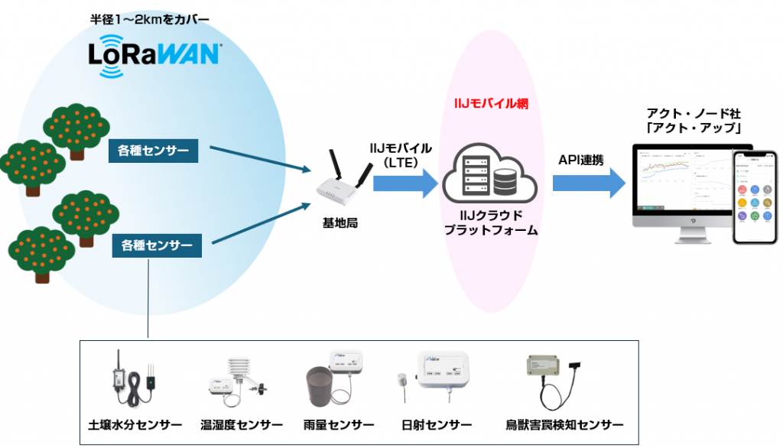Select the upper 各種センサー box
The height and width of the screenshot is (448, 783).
click(154, 151)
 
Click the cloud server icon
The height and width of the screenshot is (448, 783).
click(487, 175)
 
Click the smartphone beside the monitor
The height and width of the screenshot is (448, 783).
click(752, 197)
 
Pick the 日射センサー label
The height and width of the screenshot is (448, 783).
click(437, 424)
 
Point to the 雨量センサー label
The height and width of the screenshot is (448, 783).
click(339, 424)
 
